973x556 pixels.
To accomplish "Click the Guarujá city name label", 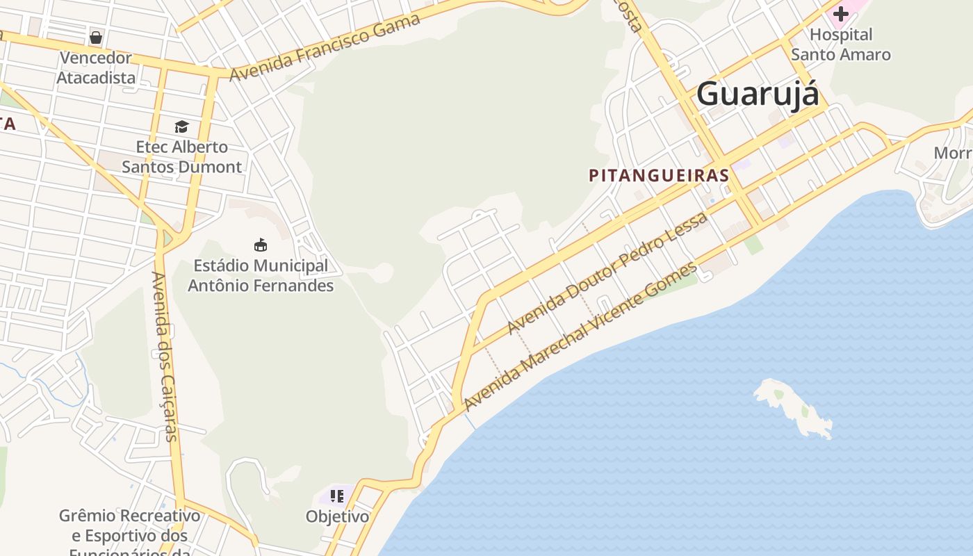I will (x=758, y=94).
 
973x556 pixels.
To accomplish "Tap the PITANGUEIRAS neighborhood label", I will (x=659, y=175).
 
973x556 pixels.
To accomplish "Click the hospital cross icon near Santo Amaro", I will (x=841, y=13).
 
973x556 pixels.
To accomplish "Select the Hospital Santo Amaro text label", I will (x=841, y=44).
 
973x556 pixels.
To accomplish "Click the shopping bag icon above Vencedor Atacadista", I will (x=96, y=37).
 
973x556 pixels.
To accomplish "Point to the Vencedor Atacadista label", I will (x=96, y=67).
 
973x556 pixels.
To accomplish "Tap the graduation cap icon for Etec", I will (x=181, y=126).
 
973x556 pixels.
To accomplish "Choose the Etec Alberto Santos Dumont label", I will (x=181, y=157).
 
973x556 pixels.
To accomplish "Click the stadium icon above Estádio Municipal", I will (x=261, y=245).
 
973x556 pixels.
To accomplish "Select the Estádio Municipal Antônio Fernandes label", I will (x=261, y=275).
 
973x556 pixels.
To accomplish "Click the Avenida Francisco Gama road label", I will (x=325, y=47).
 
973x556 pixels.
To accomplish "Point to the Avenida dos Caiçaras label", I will (x=165, y=357).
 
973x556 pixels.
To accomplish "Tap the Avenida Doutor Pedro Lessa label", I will (x=608, y=272).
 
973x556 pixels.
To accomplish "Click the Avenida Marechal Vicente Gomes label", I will (x=580, y=336).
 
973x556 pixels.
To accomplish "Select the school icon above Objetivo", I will (x=337, y=496).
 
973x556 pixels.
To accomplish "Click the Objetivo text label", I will (x=337, y=517).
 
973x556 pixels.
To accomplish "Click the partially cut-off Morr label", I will (x=953, y=153).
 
